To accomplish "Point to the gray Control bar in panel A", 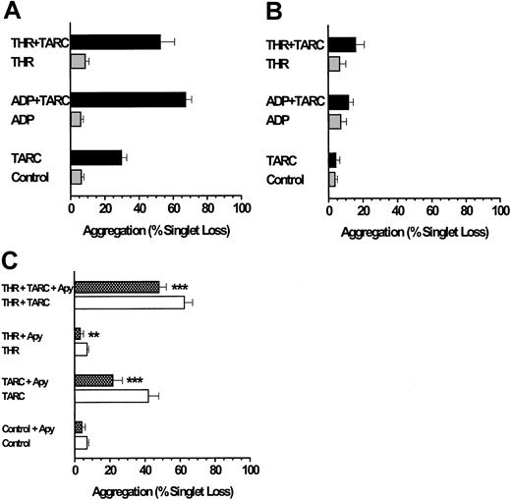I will (76, 178).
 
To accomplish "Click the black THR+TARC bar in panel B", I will (342, 44).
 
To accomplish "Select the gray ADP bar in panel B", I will (334, 122).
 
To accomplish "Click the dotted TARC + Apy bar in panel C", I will (94, 379).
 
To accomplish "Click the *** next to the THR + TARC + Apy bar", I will (180, 288).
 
